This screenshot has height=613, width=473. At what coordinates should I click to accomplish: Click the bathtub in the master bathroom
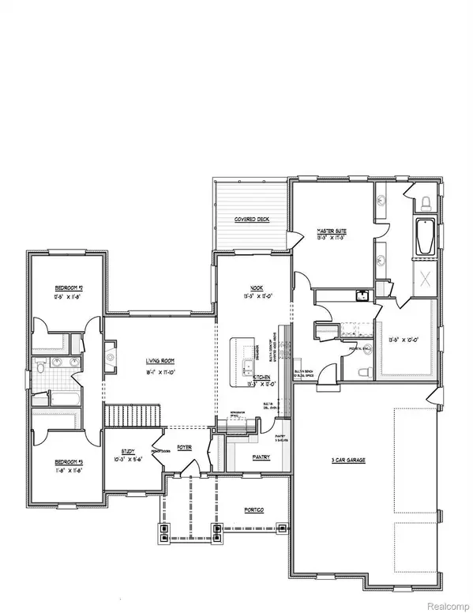click(x=424, y=237)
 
